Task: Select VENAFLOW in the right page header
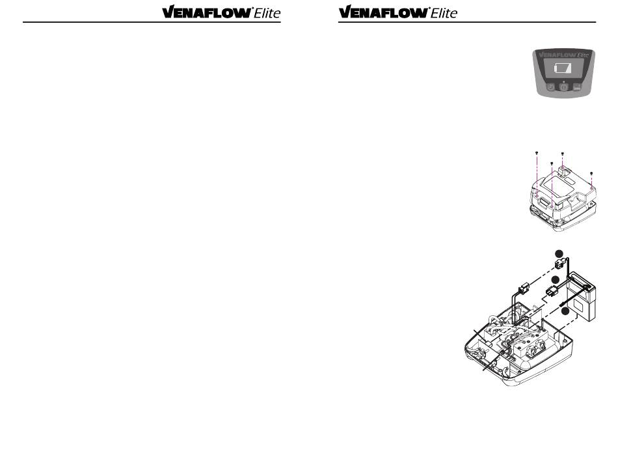(x=383, y=12)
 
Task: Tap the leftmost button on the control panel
(x=551, y=87)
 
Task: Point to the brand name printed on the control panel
(x=563, y=56)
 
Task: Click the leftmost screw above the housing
(x=535, y=152)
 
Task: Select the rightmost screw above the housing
(x=591, y=173)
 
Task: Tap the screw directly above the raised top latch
(x=562, y=153)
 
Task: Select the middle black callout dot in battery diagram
(x=556, y=280)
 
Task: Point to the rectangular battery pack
(x=583, y=301)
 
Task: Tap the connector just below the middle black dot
(x=554, y=291)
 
